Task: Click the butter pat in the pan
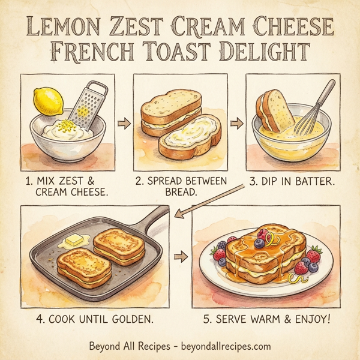(x=73, y=241)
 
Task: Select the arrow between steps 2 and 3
(x=236, y=124)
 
